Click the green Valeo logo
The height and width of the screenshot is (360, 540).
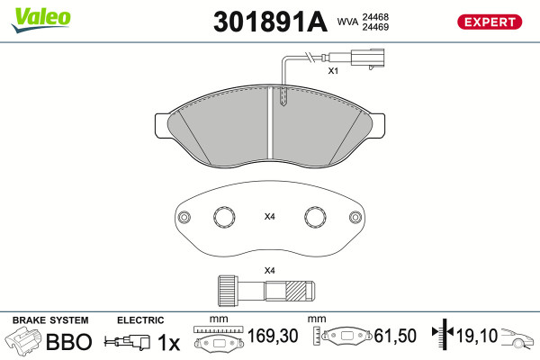41,20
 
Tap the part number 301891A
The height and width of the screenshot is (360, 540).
270,22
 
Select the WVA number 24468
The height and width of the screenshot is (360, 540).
375,17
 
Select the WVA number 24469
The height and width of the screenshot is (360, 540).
375,27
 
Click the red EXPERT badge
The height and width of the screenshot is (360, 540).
490,22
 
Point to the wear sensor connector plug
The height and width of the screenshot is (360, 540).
367,58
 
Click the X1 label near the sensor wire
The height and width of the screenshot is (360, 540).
333,71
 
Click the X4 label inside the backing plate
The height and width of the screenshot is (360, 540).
269,217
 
